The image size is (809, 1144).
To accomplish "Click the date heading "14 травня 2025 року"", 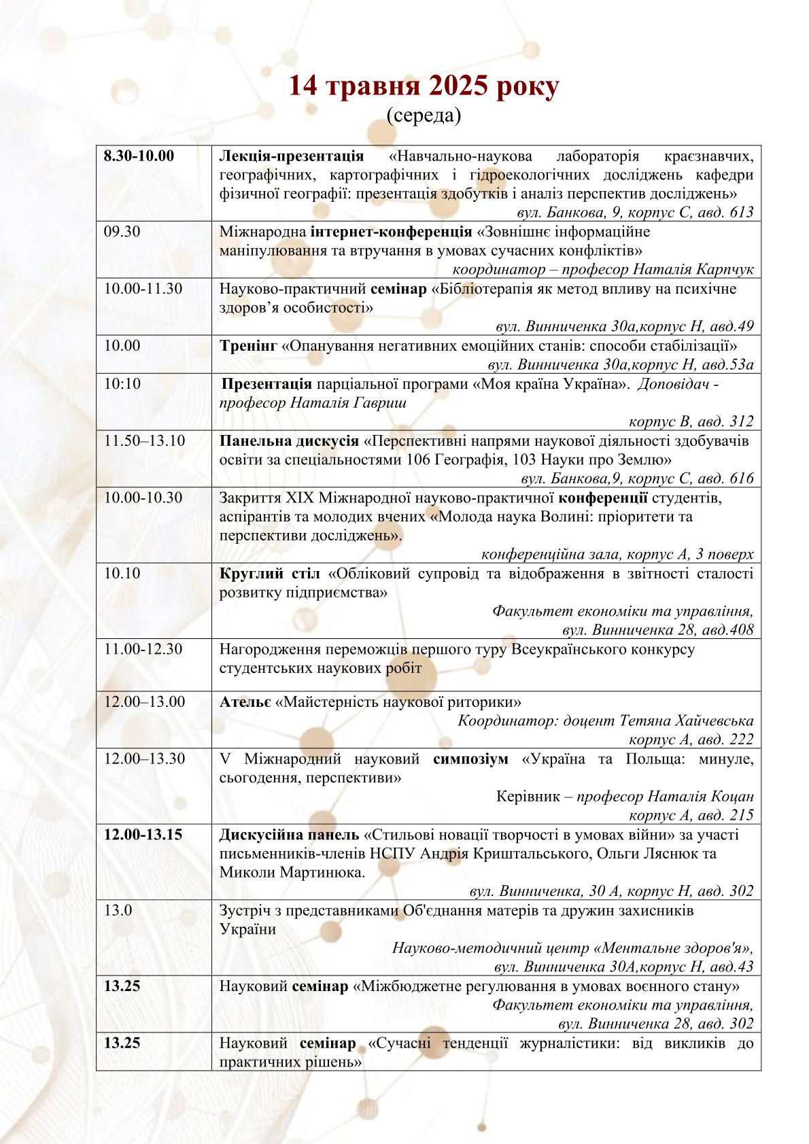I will (x=424, y=86).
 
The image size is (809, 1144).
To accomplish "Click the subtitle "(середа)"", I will (x=424, y=116).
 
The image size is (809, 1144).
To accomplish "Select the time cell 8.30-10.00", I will (x=139, y=156).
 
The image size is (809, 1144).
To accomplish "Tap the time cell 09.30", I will (x=122, y=232).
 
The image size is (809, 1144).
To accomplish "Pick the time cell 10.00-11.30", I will (x=143, y=289).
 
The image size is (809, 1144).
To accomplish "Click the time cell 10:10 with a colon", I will (x=122, y=384).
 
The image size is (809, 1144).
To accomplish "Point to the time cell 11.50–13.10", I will (x=144, y=441).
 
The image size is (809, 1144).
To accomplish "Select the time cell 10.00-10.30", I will (x=143, y=498).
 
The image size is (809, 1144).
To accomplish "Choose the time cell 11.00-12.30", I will (x=143, y=650).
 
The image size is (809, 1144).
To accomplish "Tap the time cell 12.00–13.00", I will (x=144, y=702).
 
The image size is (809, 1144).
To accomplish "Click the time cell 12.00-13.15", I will (x=143, y=835).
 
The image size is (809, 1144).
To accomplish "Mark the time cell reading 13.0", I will (x=118, y=911).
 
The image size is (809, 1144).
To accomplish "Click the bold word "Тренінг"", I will (x=248, y=346).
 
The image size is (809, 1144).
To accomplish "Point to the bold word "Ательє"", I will (x=245, y=702).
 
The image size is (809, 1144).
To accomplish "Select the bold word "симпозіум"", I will (x=470, y=759).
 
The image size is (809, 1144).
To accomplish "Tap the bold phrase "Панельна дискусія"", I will (x=289, y=441).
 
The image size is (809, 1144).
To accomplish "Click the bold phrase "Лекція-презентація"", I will (x=291, y=156).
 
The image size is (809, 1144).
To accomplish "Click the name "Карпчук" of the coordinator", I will (x=725, y=270).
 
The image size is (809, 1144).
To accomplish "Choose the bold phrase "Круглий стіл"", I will (x=269, y=574).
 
